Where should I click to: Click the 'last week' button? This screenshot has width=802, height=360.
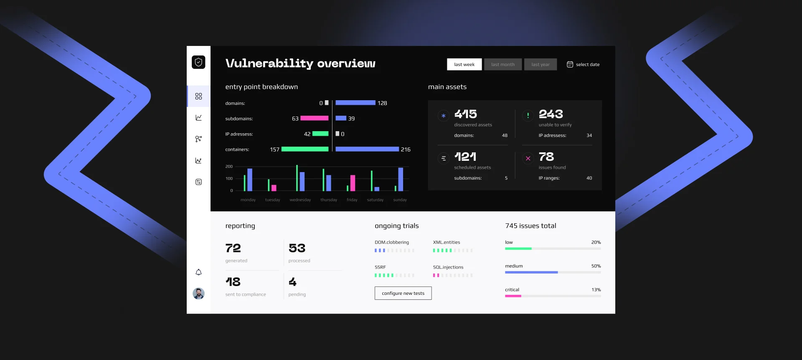point(464,64)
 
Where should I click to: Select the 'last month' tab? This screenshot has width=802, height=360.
point(503,64)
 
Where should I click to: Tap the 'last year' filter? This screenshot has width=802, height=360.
point(540,64)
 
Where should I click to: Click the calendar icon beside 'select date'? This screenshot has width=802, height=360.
point(570,64)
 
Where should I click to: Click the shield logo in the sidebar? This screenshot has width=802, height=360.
point(198,62)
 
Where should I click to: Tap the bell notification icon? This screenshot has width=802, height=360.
point(198,272)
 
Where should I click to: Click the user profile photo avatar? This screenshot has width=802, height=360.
point(198,294)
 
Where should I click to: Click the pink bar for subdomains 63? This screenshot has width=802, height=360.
point(315,118)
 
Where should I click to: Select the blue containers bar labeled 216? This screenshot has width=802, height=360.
point(367,149)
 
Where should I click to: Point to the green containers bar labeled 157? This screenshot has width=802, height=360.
point(305,149)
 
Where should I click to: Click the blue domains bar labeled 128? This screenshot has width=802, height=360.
point(355,103)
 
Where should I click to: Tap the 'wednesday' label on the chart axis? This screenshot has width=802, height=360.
point(300,200)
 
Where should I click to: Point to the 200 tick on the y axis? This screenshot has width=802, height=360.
point(229,167)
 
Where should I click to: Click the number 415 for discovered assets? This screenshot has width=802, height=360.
point(465,114)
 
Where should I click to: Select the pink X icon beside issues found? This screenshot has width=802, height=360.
point(528,158)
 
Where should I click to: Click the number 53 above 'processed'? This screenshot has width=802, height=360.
point(297,248)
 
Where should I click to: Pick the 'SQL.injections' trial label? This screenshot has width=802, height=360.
point(448,267)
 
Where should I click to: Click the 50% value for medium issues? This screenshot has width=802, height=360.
point(596,266)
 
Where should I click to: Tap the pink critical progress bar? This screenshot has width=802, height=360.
point(513,296)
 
